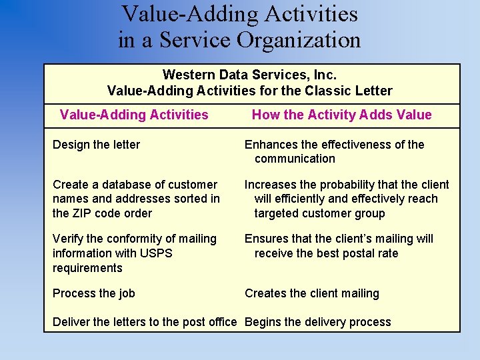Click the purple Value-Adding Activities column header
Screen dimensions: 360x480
tap(134, 115)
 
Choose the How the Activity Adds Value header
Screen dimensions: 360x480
tap(341, 115)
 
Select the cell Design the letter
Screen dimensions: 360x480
tap(96, 145)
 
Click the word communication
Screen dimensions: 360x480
tap(295, 159)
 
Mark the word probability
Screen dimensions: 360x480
tap(329, 185)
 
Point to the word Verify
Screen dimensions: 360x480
tap(68, 239)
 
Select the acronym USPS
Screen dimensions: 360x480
tap(158, 253)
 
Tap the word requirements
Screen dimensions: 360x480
tap(87, 268)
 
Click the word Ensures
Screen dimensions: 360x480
tap(266, 239)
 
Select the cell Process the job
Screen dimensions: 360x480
tap(94, 293)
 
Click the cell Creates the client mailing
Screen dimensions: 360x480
tap(311, 293)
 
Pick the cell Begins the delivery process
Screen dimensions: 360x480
tap(318, 322)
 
